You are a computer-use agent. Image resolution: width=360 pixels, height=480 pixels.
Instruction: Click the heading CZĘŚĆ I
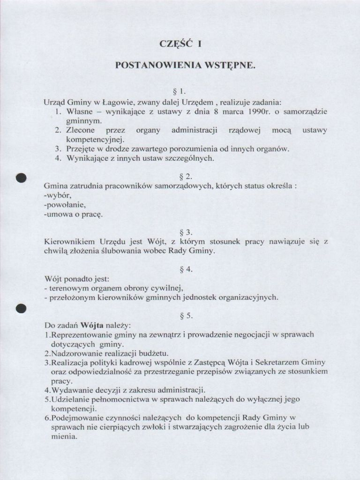click(180, 45)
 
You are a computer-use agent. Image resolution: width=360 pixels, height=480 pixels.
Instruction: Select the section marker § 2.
click(180, 177)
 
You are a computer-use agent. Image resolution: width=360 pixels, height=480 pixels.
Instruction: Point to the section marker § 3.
click(180, 232)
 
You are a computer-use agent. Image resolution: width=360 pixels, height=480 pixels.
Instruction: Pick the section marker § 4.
click(180, 270)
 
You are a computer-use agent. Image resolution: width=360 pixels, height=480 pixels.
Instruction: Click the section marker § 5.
click(180, 315)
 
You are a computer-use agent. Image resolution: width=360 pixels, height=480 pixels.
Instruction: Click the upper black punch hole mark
click(20, 178)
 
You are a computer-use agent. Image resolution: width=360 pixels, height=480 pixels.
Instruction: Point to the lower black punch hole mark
click(20, 308)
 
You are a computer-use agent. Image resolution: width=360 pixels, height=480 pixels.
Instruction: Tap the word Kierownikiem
click(70, 242)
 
